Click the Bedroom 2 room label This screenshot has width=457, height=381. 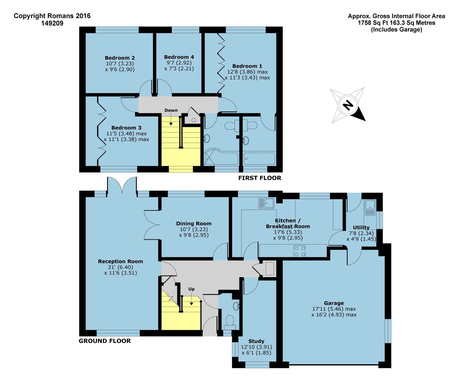tap(120, 58)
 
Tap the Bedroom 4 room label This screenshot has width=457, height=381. tap(179, 57)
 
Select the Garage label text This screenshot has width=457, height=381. tap(334, 303)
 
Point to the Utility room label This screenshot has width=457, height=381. tap(361, 228)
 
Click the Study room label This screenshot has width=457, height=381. tap(256, 341)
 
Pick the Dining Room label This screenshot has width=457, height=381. tap(193, 224)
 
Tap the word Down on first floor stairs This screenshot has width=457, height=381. tap(171, 110)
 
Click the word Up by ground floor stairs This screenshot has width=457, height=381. tap(191, 289)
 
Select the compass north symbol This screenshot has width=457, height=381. tap(348, 105)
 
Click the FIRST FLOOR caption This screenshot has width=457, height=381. tap(260, 178)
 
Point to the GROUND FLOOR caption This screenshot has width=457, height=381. tap(105, 341)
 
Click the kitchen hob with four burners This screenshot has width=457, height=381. tap(299, 251)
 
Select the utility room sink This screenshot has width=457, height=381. tap(370, 207)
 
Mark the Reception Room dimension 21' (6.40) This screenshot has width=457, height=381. tap(120, 267)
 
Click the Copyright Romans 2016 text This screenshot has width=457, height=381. tap(52, 16)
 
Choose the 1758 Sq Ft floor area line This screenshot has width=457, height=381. tap(396, 23)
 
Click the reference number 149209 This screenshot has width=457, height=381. tap(52, 23)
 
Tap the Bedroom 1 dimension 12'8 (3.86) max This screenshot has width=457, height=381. tap(247, 72)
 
